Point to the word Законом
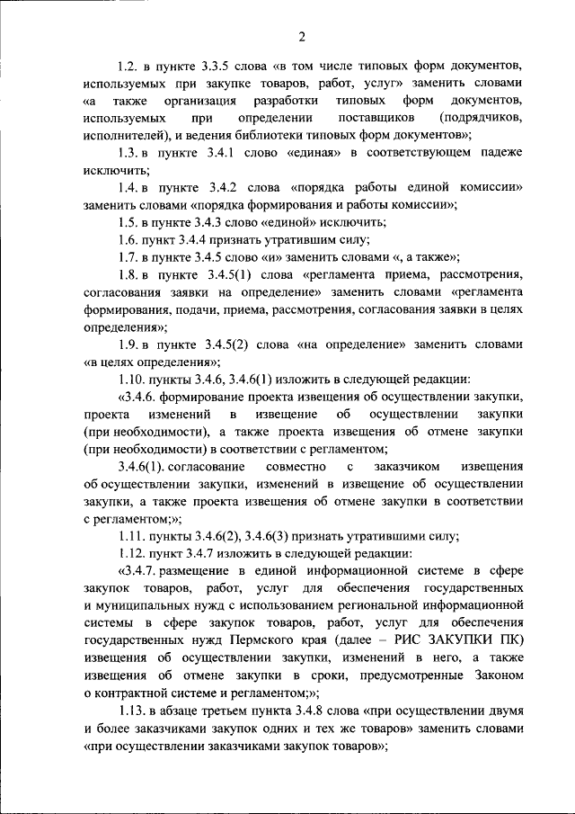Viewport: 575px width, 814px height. click(x=493, y=675)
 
